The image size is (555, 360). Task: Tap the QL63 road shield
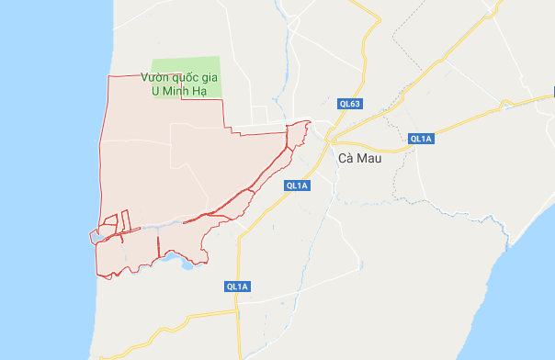coord(349,104)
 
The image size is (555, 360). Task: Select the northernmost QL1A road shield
coord(421,139)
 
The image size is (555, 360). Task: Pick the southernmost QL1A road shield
coord(237,287)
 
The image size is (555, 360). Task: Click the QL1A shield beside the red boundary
coord(297,186)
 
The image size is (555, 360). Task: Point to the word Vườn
coord(157,78)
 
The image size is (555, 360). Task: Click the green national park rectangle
coord(188,60)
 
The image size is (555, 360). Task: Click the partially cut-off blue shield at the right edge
coord(552,92)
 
